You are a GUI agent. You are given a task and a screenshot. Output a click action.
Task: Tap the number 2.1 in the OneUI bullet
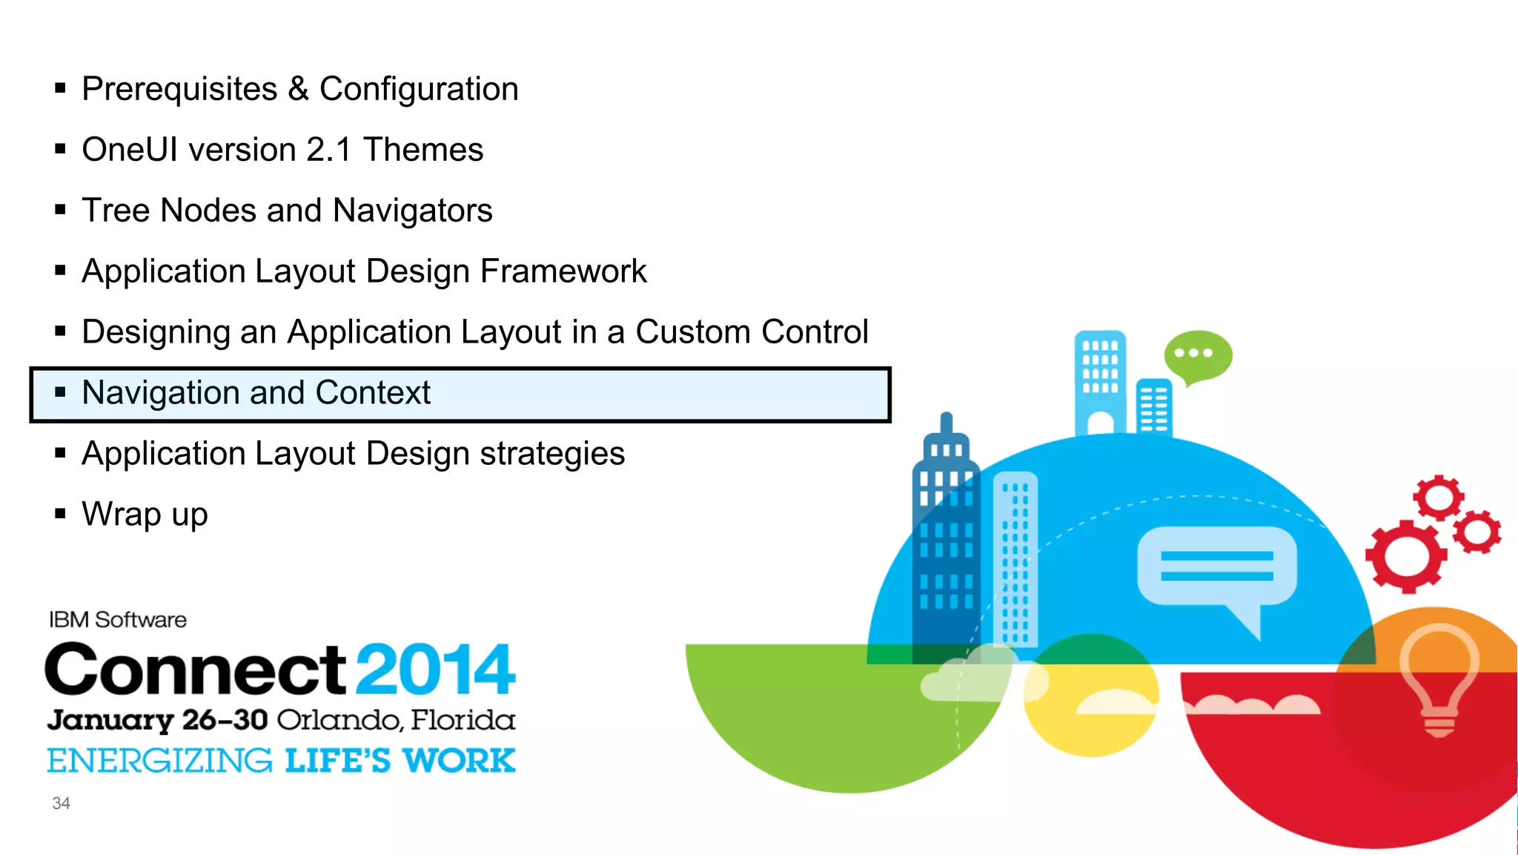point(328,150)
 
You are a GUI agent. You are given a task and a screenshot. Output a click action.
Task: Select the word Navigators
point(412,211)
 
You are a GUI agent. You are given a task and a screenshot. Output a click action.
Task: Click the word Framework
point(563,271)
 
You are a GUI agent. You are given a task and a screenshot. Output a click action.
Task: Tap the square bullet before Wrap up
point(61,513)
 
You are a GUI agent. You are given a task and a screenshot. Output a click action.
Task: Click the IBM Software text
point(118,620)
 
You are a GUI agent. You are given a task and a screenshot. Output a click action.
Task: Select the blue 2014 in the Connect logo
point(435,670)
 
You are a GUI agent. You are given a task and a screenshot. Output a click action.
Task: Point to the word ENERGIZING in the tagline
point(159,761)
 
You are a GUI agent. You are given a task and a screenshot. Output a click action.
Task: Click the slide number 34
point(61,804)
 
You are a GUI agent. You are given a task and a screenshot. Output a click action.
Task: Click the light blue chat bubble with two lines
point(1216,567)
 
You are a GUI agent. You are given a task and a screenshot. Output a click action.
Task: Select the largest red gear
point(1405,556)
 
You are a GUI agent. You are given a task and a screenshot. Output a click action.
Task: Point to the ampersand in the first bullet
point(298,90)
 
